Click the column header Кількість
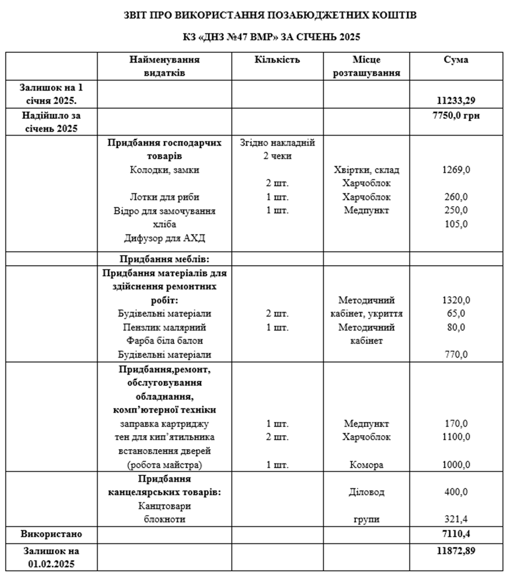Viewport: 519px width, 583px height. tap(277, 60)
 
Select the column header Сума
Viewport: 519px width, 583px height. tap(456, 60)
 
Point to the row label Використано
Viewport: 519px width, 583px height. tap(51, 533)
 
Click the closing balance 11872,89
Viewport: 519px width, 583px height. tap(456, 550)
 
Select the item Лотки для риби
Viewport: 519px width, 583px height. tap(165, 197)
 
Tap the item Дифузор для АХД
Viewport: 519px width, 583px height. tap(165, 238)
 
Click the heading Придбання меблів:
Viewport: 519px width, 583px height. tap(165, 259)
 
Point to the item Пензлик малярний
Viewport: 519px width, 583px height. tap(165, 327)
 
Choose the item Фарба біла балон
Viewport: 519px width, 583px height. tap(165, 341)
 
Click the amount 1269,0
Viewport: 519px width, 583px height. tap(456, 170)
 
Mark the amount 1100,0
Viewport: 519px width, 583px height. tap(456, 437)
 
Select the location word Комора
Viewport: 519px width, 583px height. tap(366, 465)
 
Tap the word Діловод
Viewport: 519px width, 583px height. tap(366, 492)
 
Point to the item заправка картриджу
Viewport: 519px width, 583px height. tap(165, 424)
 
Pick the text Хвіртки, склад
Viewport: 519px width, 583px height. tap(366, 170)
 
